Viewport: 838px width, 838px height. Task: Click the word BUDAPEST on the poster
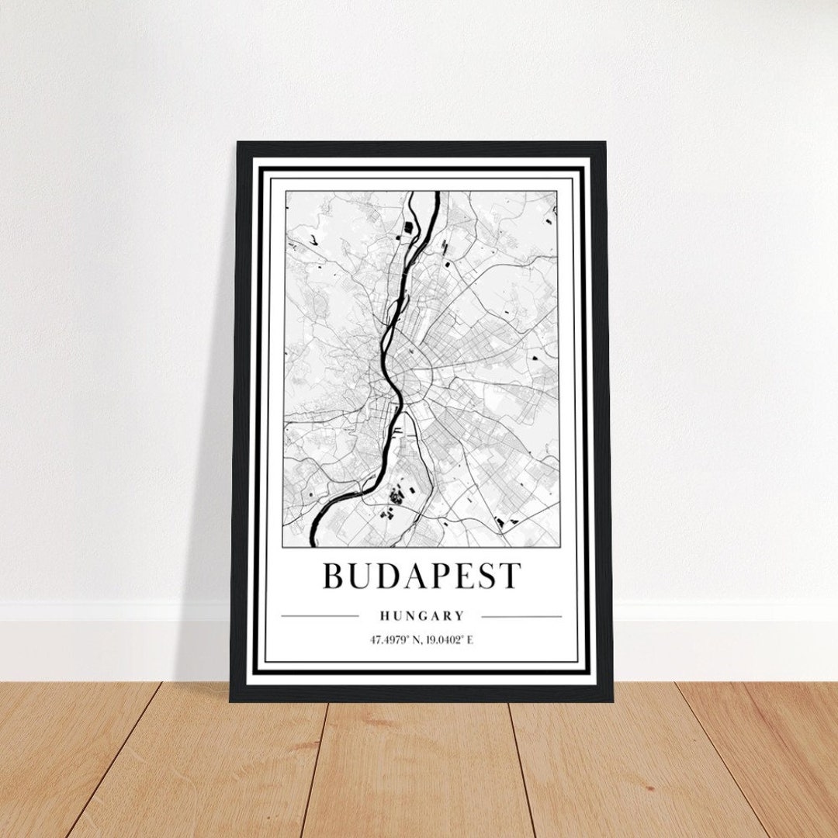(421, 576)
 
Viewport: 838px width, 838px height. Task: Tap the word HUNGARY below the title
(422, 616)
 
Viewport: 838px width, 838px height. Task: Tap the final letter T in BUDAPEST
(509, 576)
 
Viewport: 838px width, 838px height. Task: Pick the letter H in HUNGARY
(385, 616)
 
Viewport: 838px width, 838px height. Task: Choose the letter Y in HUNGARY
(459, 616)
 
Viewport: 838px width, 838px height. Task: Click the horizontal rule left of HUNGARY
(320, 617)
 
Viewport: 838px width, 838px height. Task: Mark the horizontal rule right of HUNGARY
(521, 617)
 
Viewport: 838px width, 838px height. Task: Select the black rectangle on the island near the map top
(407, 227)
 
